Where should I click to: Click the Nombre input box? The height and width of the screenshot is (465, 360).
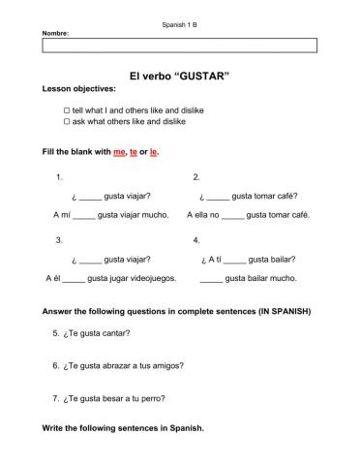[x=180, y=44]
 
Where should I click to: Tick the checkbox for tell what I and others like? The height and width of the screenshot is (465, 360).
[x=67, y=111]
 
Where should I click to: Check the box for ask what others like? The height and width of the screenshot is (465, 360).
[x=67, y=123]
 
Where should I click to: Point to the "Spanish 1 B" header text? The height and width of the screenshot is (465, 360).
[x=179, y=23]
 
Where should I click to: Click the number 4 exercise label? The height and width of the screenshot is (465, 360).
[x=196, y=239]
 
